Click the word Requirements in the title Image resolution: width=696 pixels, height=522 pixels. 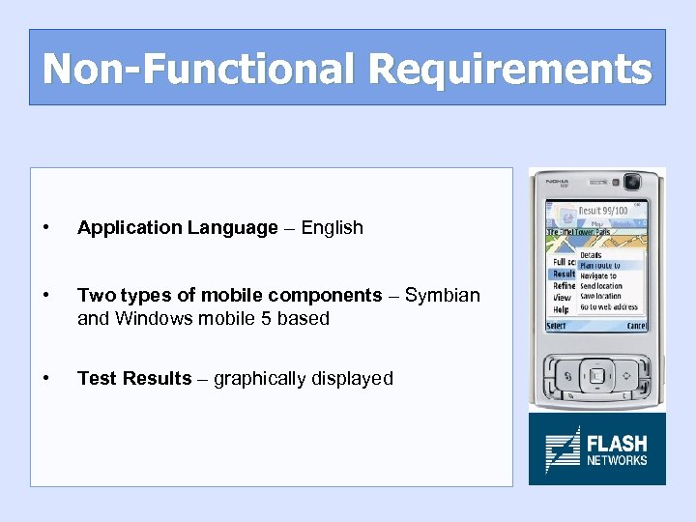coord(509,69)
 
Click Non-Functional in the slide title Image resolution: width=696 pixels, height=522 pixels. coord(199,69)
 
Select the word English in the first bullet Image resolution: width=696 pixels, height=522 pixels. coord(332,228)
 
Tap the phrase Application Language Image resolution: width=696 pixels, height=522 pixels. coord(177,228)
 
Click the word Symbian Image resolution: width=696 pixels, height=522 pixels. coord(442,295)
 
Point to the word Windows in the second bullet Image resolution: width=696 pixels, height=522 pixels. coord(150,318)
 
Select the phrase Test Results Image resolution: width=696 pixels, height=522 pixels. coord(134,378)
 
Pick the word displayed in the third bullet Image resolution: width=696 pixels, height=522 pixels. coord(354,378)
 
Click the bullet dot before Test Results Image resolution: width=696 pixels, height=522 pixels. coord(47,378)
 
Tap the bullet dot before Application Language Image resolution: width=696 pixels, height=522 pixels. coord(47,228)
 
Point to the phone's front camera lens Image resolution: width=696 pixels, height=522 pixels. coord(633,182)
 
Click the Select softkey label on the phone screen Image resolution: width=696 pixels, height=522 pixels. coord(558,326)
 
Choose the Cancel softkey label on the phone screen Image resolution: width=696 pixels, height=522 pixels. coord(635,326)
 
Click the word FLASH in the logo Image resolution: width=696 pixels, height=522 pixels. coord(617,444)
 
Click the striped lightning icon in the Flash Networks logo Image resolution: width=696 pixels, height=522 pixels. coord(562,449)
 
